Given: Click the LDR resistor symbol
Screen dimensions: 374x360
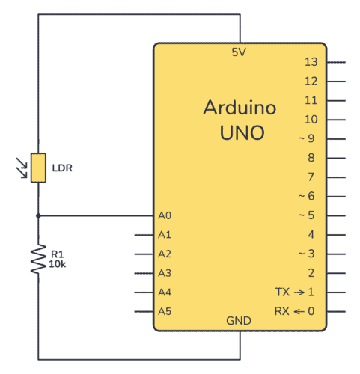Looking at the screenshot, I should [x=38, y=168].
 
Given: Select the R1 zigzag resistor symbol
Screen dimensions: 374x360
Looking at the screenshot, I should [x=38, y=257].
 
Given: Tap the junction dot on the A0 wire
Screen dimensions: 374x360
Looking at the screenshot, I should [x=38, y=215].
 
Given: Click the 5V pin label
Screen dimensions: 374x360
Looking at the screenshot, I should [x=240, y=52].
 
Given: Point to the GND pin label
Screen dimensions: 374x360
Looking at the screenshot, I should [x=239, y=320].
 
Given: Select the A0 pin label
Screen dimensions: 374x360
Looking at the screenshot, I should [x=165, y=215].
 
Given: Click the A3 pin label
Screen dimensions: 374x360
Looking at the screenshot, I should [x=165, y=273].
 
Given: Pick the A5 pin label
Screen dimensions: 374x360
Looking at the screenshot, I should [x=165, y=311].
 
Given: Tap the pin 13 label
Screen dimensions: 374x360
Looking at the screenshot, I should [x=312, y=62].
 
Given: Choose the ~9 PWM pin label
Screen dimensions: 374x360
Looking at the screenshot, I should [x=308, y=138].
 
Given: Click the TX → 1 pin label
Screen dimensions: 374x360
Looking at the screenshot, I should [x=295, y=292].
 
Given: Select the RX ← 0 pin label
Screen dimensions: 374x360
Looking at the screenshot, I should [x=295, y=311].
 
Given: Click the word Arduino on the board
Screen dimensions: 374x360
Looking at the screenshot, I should [x=240, y=108].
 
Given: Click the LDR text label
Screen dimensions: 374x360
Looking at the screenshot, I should [x=62, y=168].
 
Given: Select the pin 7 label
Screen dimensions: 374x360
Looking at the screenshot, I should [x=312, y=177].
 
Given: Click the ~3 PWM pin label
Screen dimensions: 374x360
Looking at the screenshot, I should [x=308, y=254].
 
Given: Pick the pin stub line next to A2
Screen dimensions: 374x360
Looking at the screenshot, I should [x=144, y=254].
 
